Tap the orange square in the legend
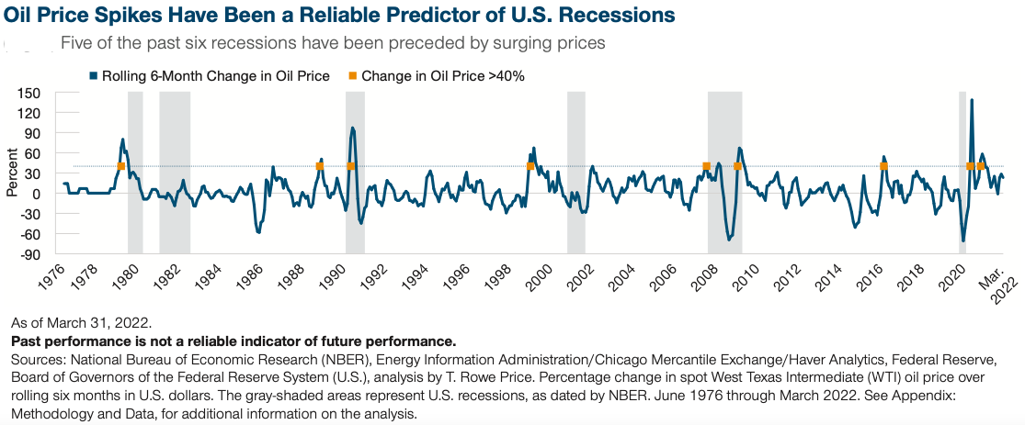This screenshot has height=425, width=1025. coord(352,76)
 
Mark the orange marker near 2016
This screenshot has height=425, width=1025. coord(883,166)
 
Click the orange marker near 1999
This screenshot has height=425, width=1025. coord(530,166)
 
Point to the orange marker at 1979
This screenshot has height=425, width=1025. coord(121,166)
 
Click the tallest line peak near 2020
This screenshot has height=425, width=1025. coord(972,100)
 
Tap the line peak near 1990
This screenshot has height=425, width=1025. coord(352,128)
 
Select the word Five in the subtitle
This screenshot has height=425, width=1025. coord(74,44)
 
